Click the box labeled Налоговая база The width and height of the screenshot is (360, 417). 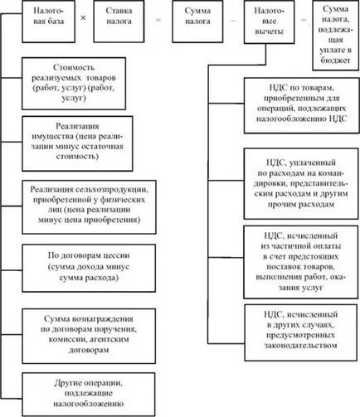[48, 22]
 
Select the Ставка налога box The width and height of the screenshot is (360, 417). [119, 22]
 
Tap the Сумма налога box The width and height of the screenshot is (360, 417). [197, 22]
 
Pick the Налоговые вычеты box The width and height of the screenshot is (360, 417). [269, 22]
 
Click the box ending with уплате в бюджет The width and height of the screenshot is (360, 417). [336, 35]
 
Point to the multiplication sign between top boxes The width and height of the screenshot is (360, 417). [83, 18]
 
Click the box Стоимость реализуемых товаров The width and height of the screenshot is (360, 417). [74, 84]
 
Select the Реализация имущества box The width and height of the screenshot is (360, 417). [77, 143]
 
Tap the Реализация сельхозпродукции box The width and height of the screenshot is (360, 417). [89, 207]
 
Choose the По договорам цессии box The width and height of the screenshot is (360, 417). [89, 268]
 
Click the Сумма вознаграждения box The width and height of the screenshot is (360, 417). [89, 336]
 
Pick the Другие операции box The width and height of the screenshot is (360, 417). [89, 395]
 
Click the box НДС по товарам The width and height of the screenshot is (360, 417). [301, 105]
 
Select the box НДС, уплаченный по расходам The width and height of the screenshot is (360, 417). [301, 184]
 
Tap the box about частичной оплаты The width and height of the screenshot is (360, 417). [301, 262]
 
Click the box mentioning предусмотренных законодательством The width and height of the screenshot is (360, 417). [301, 332]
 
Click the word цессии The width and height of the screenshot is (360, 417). [116, 255]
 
